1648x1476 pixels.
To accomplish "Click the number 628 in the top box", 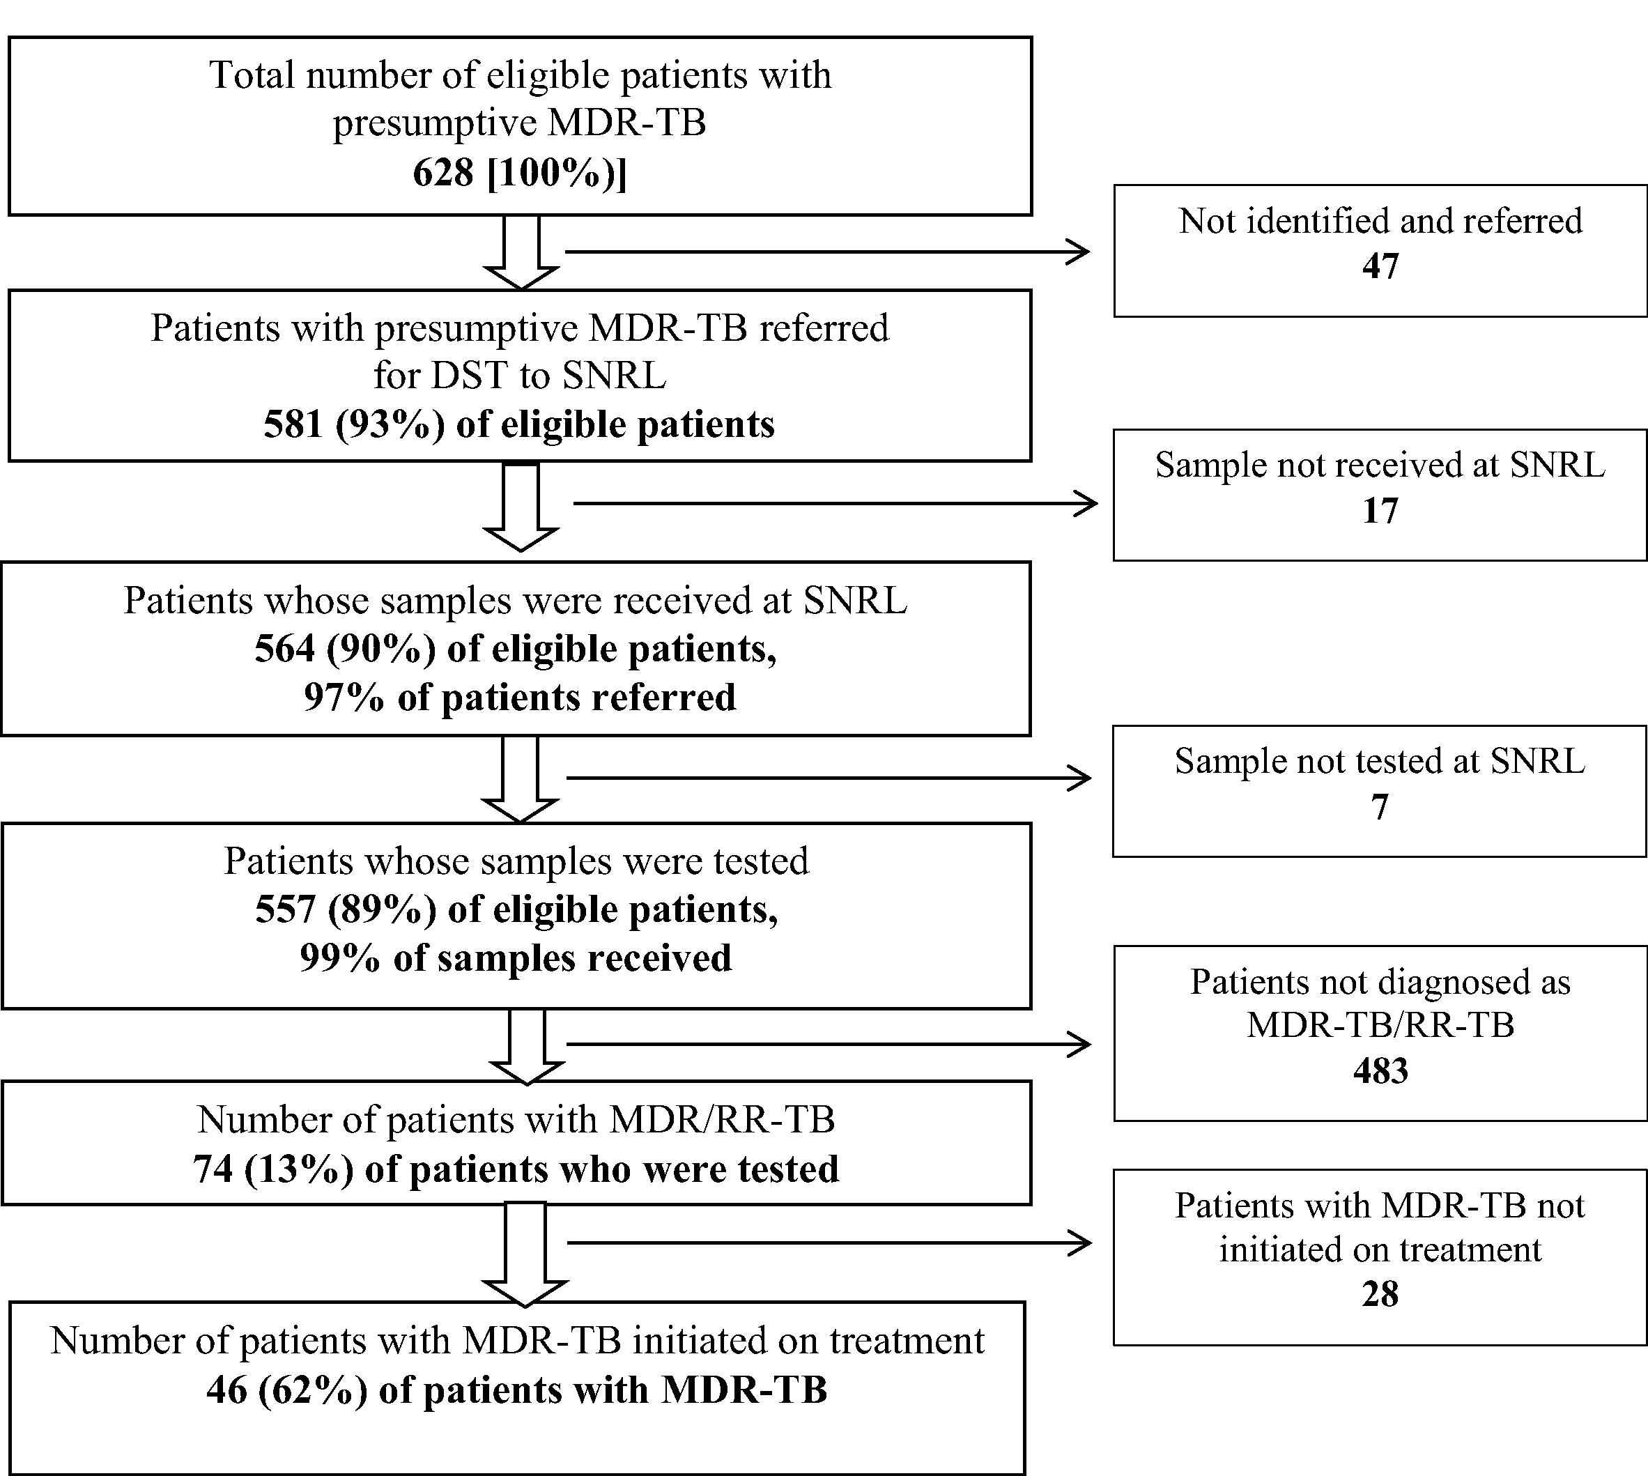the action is (x=442, y=173).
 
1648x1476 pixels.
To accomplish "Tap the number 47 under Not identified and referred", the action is (x=1380, y=266).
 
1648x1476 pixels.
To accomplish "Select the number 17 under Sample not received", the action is (x=1380, y=510).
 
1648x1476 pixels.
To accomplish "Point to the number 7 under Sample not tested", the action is (x=1380, y=807).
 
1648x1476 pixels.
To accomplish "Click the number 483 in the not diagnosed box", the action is (x=1380, y=1070).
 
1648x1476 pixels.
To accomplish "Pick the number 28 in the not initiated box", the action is (x=1380, y=1293).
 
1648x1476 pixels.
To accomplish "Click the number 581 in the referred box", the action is (x=293, y=424).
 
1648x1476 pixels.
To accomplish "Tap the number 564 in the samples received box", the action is (x=285, y=649).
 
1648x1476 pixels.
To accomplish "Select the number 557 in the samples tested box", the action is (x=286, y=909).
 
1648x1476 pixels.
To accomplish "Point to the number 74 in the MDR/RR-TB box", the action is (x=213, y=1169).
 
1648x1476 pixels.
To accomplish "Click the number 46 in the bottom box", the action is (x=226, y=1390).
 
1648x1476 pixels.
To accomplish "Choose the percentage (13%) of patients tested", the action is (x=298, y=1169).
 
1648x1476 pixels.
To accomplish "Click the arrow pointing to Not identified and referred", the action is (x=827, y=252).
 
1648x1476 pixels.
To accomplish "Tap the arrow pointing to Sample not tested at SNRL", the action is (x=828, y=778).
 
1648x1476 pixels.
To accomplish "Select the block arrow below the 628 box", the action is (x=521, y=252).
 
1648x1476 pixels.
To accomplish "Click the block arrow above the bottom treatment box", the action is (x=525, y=1254).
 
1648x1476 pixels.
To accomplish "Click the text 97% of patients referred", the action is (x=520, y=698).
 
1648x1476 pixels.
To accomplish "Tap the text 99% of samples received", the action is (x=516, y=958).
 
